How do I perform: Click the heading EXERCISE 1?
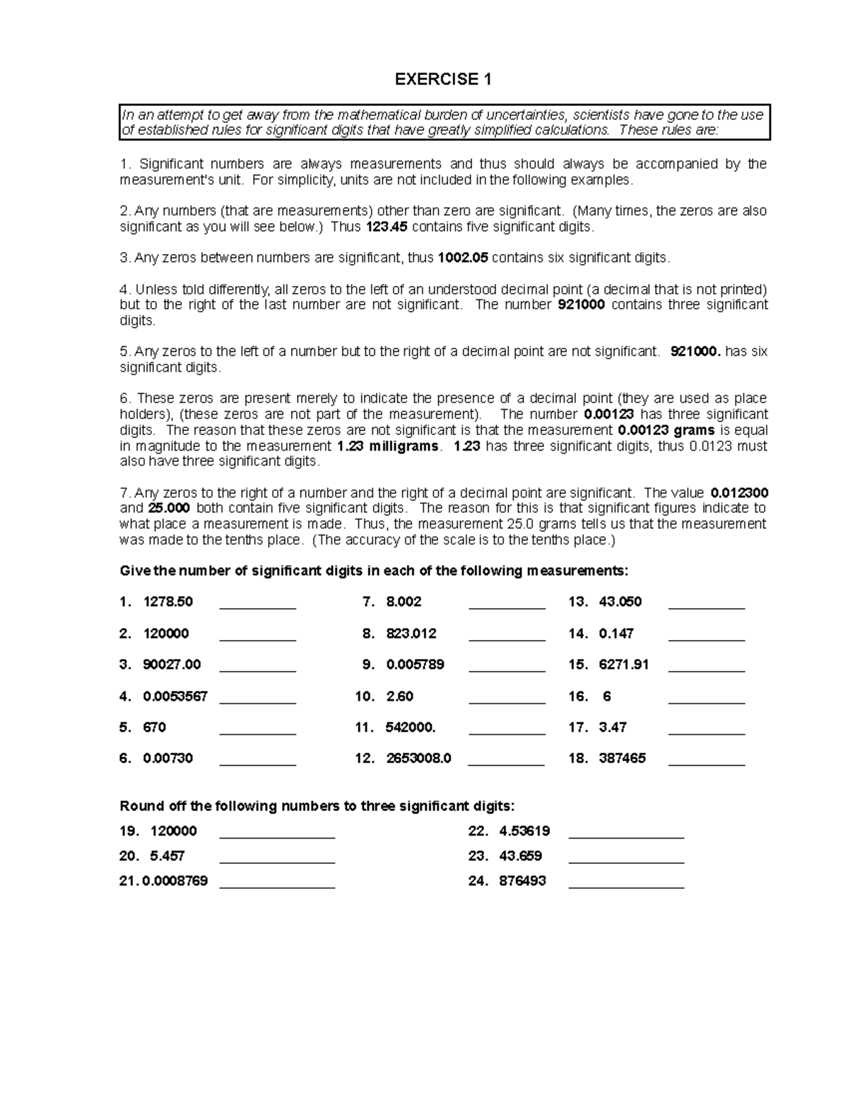[x=443, y=80]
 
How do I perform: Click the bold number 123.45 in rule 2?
[x=387, y=227]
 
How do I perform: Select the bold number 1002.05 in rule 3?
[x=463, y=258]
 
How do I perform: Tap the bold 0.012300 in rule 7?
[x=739, y=492]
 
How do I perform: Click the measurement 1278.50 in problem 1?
[x=167, y=602]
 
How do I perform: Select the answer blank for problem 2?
[x=258, y=639]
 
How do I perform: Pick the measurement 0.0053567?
[x=175, y=696]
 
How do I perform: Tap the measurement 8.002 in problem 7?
[x=404, y=602]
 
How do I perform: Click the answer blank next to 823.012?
[x=507, y=639]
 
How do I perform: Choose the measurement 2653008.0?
[x=418, y=759]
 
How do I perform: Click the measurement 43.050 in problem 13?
[x=620, y=602]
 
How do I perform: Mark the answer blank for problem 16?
[x=706, y=702]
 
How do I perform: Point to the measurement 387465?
[x=622, y=759]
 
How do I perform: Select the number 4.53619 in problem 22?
[x=524, y=831]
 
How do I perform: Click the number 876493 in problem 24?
[x=522, y=881]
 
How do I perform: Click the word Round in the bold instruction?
[x=137, y=806]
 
